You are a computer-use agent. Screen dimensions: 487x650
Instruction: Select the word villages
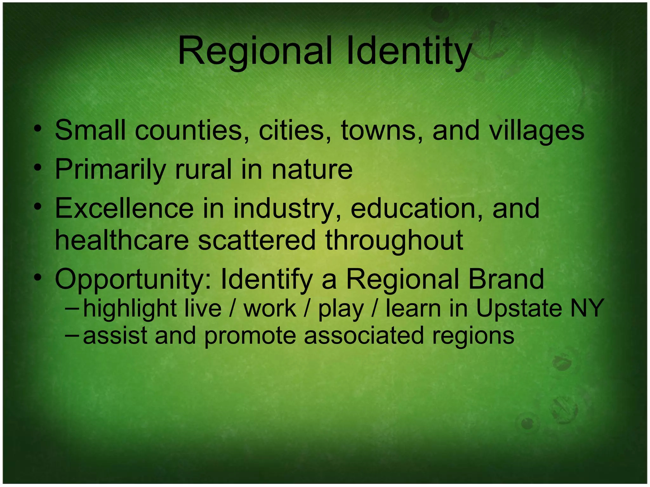tap(536, 131)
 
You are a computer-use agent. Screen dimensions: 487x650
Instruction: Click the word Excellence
tap(124, 208)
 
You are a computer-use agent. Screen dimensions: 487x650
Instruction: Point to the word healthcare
tap(122, 240)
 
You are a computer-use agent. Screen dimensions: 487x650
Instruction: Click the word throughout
tap(394, 241)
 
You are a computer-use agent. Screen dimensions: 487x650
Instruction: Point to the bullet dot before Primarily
tap(38, 168)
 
